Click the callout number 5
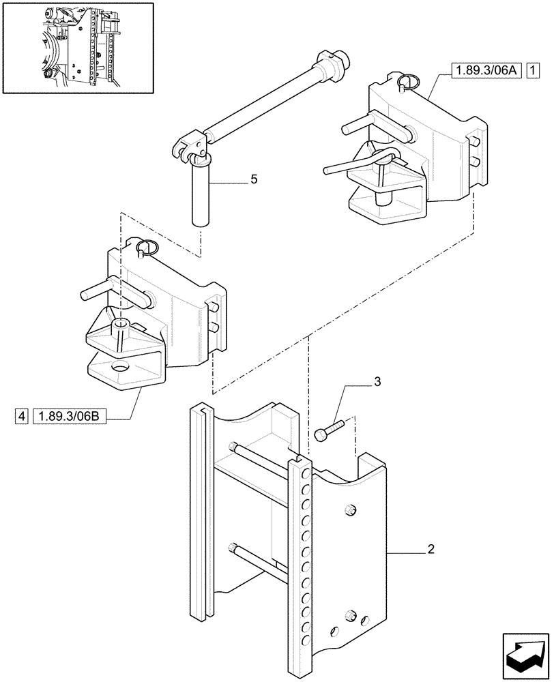pos(253,179)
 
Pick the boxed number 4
pos(23,415)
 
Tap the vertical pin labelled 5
pos(201,194)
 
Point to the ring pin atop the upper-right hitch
pos(409,83)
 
